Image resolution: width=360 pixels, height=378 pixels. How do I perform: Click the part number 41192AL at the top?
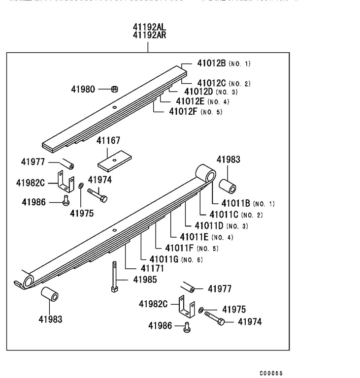[x=148, y=27]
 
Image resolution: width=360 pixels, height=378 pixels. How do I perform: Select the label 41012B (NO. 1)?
[x=224, y=63]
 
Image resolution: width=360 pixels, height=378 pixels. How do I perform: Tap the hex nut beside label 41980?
[x=114, y=89]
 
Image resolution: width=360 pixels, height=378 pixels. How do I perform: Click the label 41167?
[x=108, y=141]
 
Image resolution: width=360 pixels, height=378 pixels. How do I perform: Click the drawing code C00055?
[x=271, y=374]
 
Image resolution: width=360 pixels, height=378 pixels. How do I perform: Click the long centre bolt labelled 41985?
[x=114, y=278]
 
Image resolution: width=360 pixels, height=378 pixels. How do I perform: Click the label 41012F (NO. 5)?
[x=196, y=112]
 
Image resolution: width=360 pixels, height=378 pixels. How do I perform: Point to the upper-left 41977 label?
[x=33, y=162]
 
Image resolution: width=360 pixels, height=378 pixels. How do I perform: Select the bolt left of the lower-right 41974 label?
[x=215, y=318]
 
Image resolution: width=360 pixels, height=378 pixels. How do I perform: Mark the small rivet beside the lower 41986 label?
[x=187, y=327]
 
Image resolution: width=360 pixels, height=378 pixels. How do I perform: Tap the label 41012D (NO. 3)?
[x=211, y=92]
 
